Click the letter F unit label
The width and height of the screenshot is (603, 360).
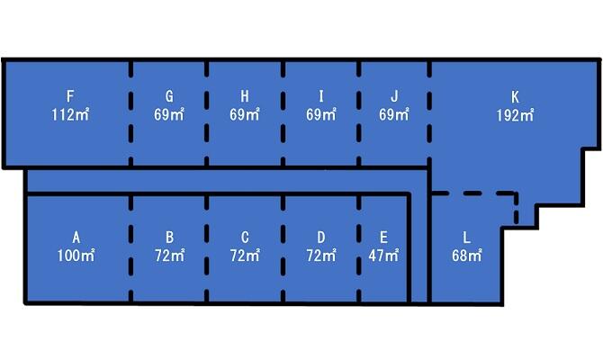point(70,96)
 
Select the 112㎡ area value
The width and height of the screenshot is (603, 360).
point(70,114)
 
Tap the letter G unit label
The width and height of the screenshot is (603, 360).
point(169,96)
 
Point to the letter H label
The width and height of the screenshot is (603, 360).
point(245,96)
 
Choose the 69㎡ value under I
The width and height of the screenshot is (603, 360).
point(321,114)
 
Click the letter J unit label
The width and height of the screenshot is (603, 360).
point(394,96)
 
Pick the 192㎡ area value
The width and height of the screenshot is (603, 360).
point(515,114)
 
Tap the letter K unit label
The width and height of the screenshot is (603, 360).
point(515,96)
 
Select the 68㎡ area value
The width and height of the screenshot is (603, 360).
point(466,256)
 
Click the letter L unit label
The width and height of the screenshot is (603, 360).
point(466,238)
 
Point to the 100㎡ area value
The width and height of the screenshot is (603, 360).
point(76,256)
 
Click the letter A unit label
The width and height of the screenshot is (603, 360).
point(76,238)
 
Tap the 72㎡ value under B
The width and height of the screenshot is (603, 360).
point(169,256)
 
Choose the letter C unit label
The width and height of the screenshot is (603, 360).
point(245,238)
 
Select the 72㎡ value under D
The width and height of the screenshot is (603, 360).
point(321,256)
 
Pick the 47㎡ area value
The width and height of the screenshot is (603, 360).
point(383,256)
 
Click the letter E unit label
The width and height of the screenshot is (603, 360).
point(383,238)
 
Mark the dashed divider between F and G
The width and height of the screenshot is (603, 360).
point(131,112)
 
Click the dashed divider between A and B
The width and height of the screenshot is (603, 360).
point(131,248)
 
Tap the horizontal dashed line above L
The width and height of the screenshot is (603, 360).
point(472,193)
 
